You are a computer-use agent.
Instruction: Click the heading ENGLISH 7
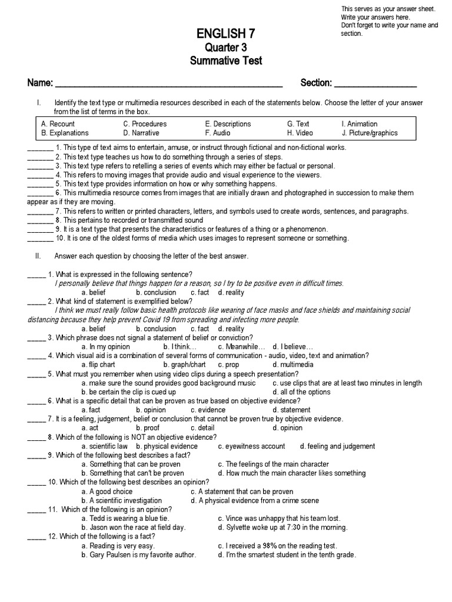pos(225,33)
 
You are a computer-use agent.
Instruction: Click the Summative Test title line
pos(225,61)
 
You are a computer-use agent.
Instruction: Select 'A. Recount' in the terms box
pos(58,124)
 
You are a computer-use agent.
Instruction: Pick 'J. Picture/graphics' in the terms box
pos(369,133)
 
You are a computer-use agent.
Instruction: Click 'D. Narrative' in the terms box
pos(141,133)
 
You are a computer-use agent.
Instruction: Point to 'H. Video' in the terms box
pos(300,133)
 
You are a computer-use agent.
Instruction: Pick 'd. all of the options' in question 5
pos(301,392)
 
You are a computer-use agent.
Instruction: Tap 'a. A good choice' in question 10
pos(107,491)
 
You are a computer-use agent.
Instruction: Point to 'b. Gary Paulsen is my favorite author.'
pos(139,555)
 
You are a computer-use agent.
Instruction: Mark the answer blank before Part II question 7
pos(36,420)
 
